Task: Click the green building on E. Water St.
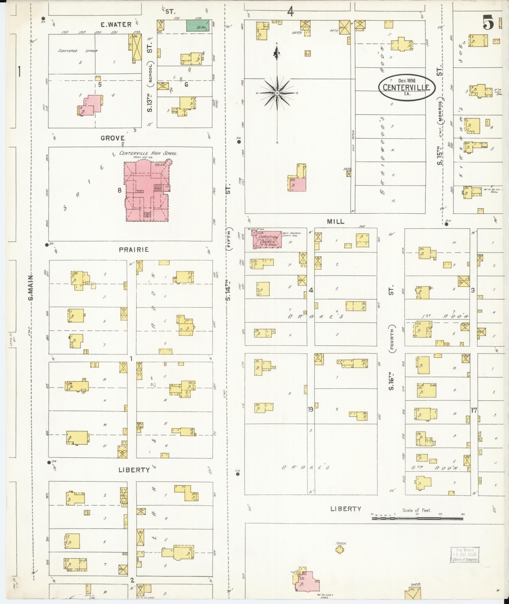coord(197,25)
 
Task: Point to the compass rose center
coord(277,93)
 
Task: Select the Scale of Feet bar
coord(417,518)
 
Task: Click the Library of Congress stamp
coord(465,555)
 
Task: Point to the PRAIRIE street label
coord(134,250)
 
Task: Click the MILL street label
coord(335,222)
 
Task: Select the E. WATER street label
coord(116,25)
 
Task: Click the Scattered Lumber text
coord(78,51)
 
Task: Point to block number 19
coord(311,410)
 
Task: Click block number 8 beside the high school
coord(119,190)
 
